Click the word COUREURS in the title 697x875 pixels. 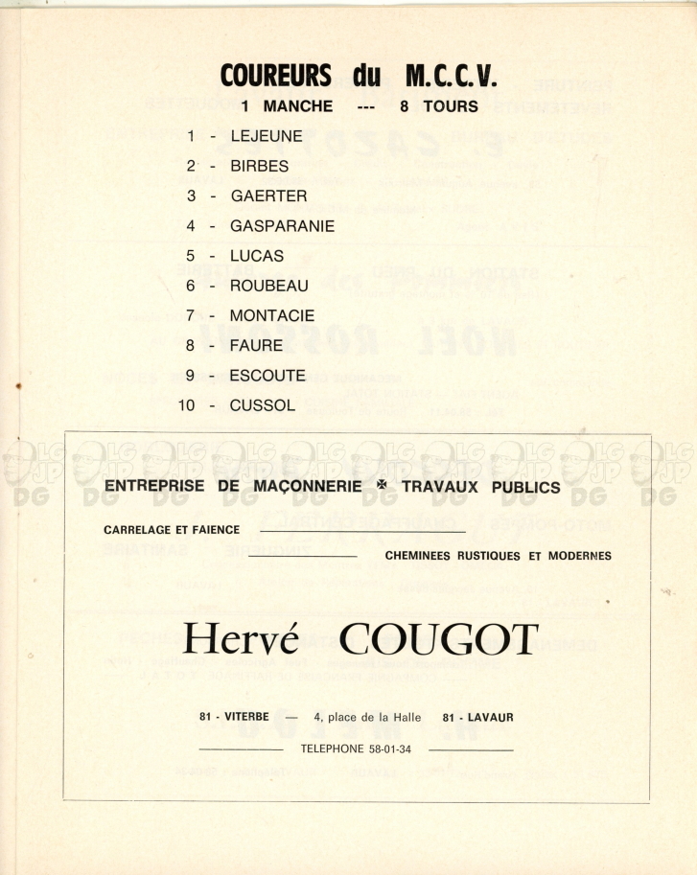pyautogui.click(x=276, y=75)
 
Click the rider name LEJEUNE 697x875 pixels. pyautogui.click(x=267, y=136)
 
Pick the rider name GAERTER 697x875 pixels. pyautogui.click(x=268, y=196)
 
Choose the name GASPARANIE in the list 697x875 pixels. pyautogui.click(x=282, y=226)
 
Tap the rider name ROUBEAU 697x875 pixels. pyautogui.click(x=268, y=286)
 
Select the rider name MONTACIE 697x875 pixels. pyautogui.click(x=271, y=315)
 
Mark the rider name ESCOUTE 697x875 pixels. pyautogui.click(x=267, y=376)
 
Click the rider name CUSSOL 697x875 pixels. pyautogui.click(x=263, y=405)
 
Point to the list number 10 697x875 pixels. pyautogui.click(x=187, y=405)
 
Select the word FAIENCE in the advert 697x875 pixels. pyautogui.click(x=216, y=529)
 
